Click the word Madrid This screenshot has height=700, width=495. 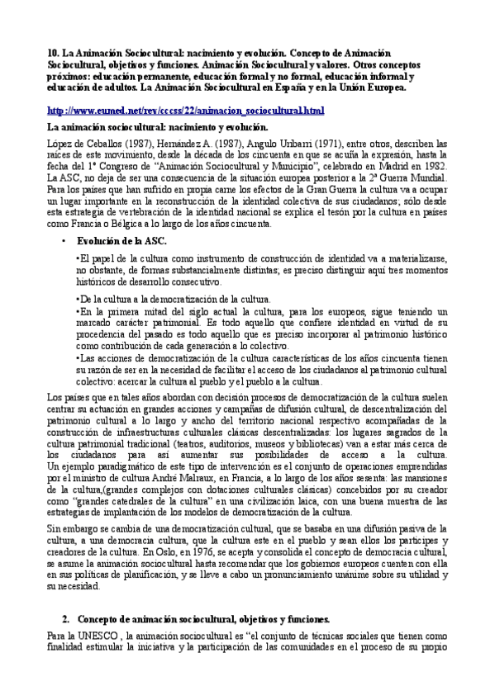[390, 166]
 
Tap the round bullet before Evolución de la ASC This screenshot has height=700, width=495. [64, 241]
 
